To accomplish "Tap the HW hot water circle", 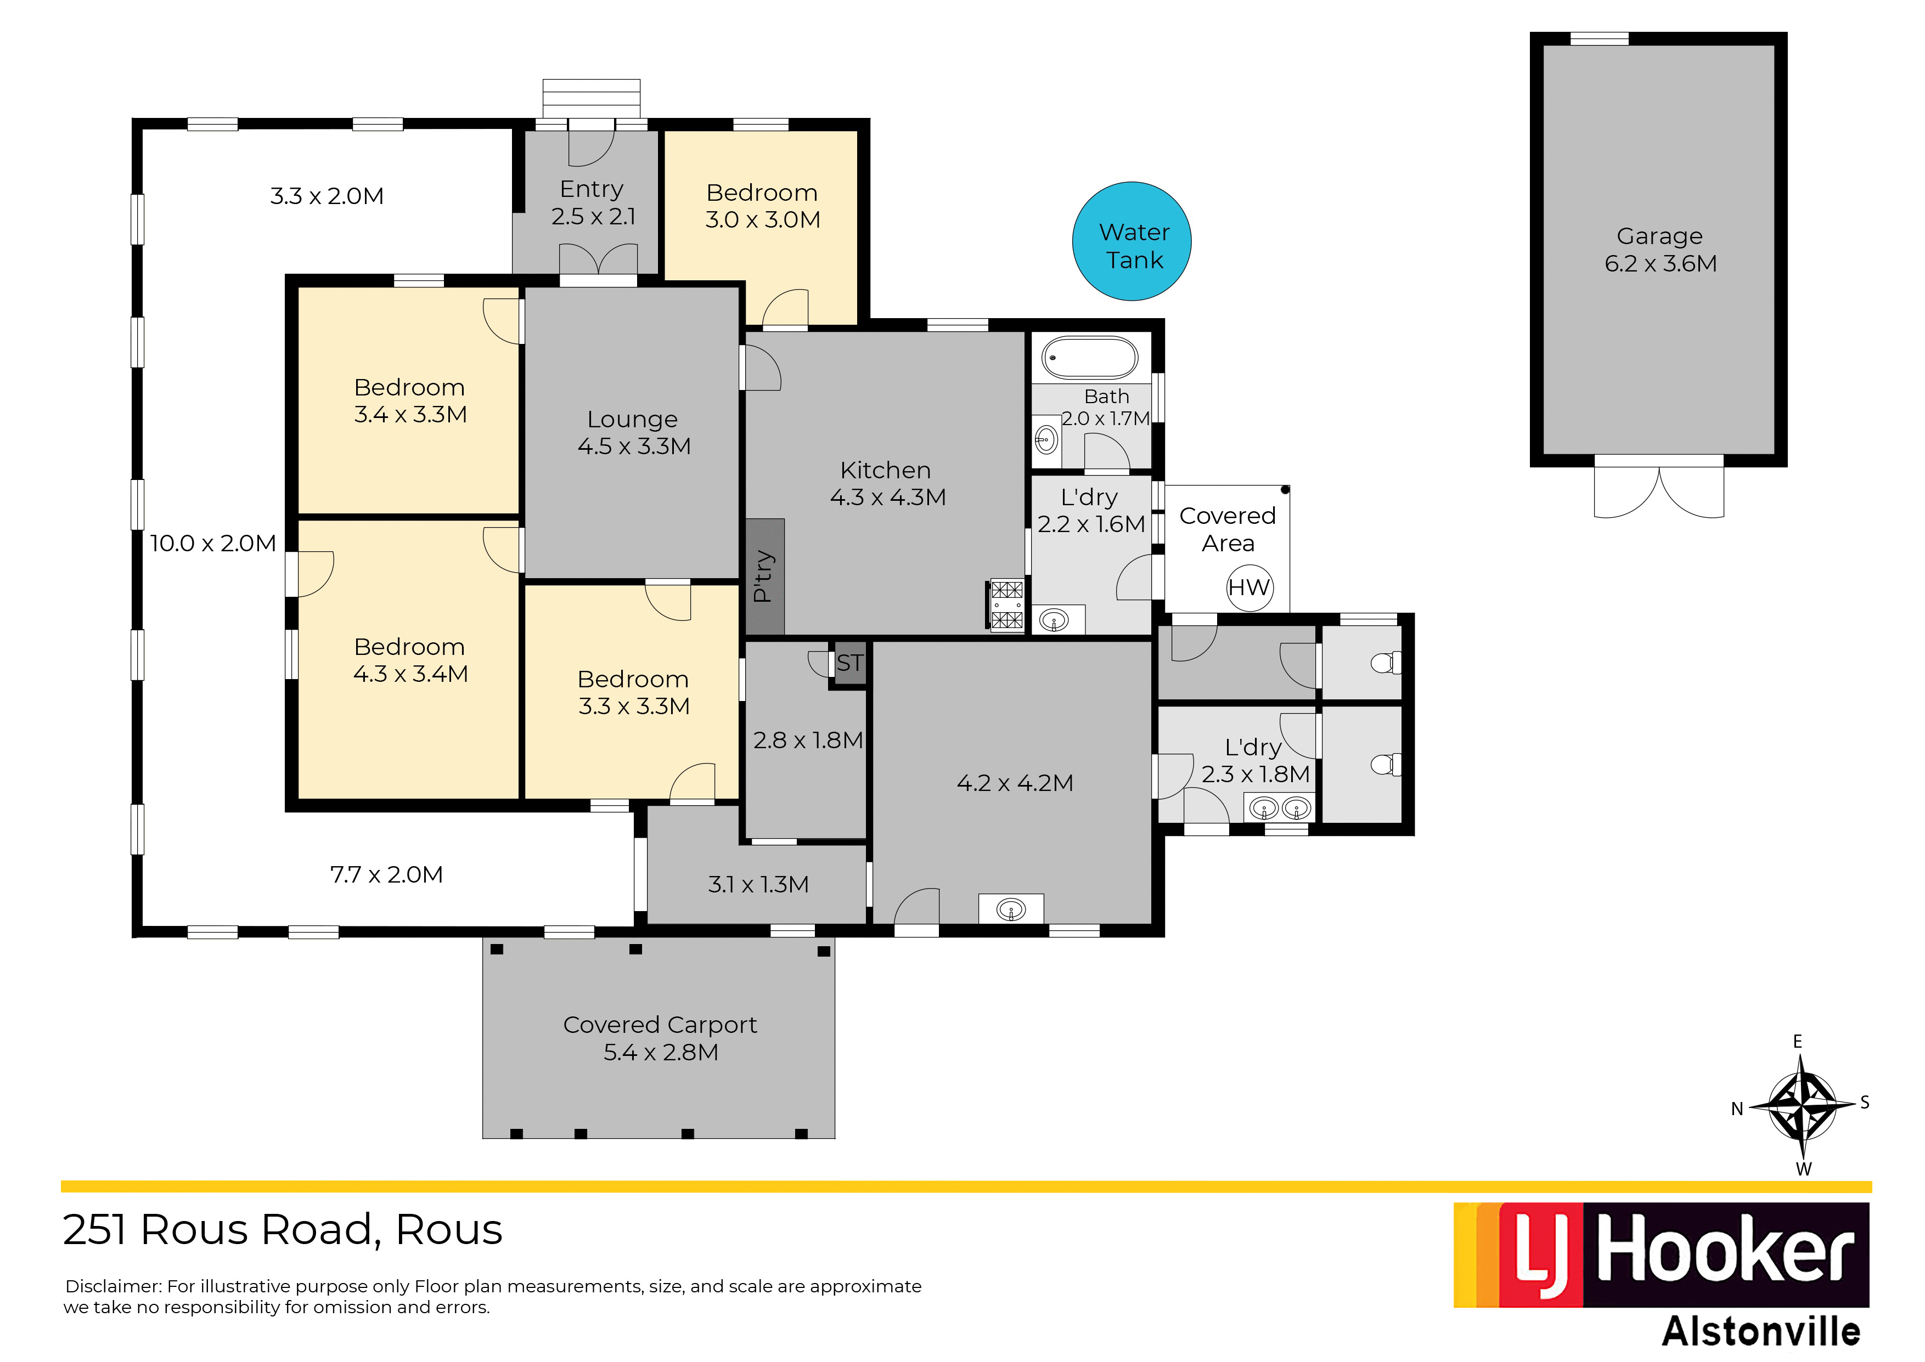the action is tap(1250, 588).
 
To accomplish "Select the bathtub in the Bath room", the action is tap(1090, 358).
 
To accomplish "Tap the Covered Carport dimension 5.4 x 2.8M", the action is tap(661, 1053).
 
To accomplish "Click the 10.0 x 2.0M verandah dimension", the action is tap(213, 544).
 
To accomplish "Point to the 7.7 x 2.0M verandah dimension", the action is tap(387, 875).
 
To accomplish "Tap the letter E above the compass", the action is tap(1798, 1042).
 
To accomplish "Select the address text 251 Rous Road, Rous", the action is tap(283, 1230).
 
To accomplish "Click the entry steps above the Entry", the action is tap(592, 99).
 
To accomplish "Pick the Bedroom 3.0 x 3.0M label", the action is tap(762, 206).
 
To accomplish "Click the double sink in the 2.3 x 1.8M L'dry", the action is tap(1280, 809).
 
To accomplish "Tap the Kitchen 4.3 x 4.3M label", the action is tap(887, 484).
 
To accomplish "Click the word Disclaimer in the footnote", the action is tap(113, 1286).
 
